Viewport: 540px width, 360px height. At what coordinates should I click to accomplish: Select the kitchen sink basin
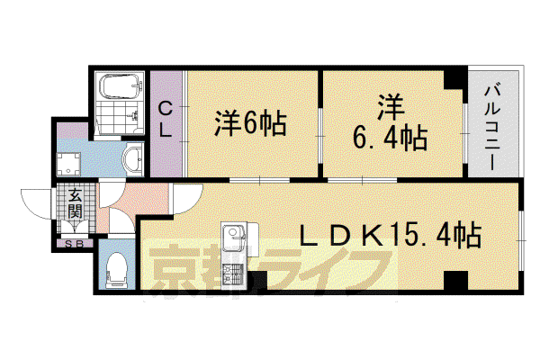point(233,238)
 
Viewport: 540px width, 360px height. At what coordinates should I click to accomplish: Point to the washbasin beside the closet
point(133,159)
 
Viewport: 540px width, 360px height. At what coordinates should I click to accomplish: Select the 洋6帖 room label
point(251,123)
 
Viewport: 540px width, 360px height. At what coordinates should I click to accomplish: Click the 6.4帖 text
point(391,138)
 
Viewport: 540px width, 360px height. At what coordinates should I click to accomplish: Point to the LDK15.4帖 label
point(390,236)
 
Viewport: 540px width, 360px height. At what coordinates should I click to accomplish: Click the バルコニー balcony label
point(492,128)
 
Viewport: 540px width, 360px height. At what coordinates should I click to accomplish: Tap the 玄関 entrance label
point(75,205)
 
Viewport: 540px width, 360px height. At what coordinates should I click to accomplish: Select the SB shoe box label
point(74,244)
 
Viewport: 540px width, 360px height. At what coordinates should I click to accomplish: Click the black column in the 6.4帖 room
point(454,79)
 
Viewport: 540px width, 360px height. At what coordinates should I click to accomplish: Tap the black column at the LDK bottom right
point(455,281)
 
